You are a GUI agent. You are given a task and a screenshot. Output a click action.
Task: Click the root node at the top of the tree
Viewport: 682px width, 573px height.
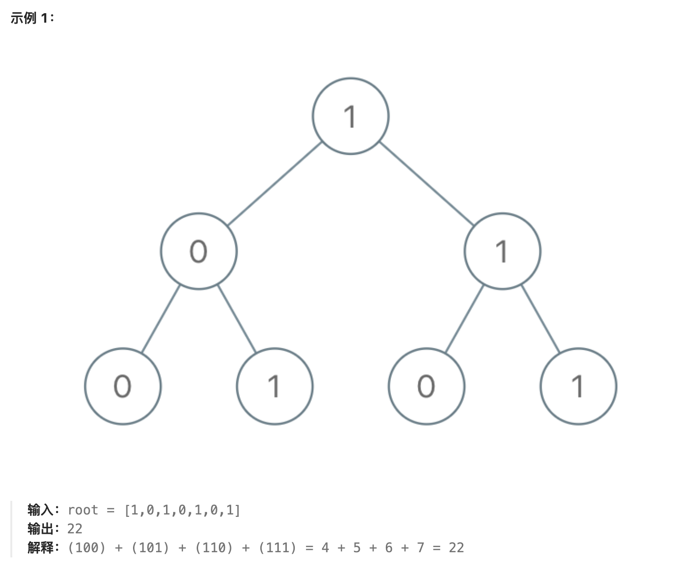tap(350, 116)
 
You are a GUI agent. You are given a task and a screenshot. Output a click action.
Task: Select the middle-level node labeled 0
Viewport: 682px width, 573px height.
tap(199, 251)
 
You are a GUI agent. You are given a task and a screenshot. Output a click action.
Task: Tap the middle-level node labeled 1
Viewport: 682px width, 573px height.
tap(502, 251)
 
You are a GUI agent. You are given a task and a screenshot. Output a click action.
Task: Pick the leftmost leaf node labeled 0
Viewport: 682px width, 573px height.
tap(123, 386)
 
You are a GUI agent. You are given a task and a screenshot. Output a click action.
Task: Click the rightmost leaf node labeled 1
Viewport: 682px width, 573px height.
tap(578, 386)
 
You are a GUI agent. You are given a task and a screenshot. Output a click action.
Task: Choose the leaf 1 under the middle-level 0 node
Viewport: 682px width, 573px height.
tap(274, 386)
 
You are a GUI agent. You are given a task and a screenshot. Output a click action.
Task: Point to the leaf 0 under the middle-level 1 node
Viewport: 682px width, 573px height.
tap(426, 386)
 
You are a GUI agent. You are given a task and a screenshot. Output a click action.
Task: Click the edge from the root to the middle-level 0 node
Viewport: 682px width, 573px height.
tap(274, 183)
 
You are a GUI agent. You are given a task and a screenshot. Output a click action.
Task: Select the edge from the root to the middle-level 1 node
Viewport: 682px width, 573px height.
tap(426, 183)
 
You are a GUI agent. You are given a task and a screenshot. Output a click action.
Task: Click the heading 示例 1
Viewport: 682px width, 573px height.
tap(32, 18)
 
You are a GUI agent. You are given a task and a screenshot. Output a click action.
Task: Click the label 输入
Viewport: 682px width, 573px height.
tap(41, 510)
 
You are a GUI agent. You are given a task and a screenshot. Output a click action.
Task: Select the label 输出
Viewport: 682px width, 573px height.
tap(41, 529)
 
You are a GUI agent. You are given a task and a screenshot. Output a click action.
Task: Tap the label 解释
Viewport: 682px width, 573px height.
tap(41, 548)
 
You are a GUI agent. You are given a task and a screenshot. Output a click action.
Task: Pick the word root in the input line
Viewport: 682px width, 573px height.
tap(83, 510)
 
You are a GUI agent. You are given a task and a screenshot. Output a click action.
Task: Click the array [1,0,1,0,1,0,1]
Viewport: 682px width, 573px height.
tap(182, 510)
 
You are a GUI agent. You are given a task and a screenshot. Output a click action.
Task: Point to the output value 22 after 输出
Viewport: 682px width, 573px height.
tap(75, 529)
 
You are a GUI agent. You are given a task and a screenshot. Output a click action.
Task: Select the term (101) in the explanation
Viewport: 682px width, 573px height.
tap(150, 548)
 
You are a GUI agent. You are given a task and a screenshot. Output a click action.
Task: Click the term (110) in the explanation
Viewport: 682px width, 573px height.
tap(214, 548)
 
